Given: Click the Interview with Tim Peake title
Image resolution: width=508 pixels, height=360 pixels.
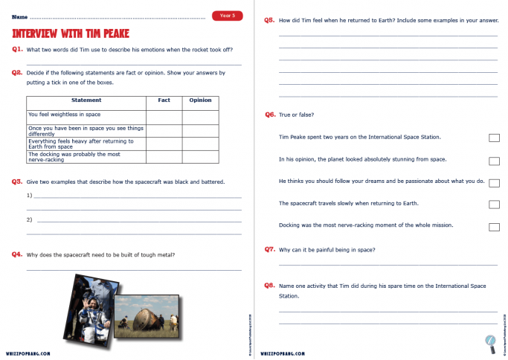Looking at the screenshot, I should (71, 33).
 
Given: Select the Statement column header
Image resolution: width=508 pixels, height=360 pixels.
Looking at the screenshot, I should (86, 100).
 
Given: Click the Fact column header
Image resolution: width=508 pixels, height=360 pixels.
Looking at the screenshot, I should (164, 100).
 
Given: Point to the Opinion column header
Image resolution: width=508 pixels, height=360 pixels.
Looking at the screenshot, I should (200, 100).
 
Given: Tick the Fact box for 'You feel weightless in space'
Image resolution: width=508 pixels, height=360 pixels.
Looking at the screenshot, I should (164, 117).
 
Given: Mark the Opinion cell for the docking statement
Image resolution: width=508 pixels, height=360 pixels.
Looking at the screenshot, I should (200, 157).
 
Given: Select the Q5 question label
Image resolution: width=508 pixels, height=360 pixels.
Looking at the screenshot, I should (269, 20).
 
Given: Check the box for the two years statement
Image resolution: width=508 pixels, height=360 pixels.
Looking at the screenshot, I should (494, 138).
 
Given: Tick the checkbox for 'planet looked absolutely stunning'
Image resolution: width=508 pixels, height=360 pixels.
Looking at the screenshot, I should (494, 160).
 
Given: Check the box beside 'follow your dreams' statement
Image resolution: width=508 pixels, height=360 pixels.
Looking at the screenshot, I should (494, 182).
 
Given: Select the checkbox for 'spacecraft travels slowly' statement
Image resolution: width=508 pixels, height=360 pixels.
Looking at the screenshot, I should (494, 204).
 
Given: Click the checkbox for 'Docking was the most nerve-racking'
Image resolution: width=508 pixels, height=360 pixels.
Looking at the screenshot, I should (494, 226).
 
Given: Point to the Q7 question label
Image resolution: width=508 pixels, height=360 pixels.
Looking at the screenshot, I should (269, 249).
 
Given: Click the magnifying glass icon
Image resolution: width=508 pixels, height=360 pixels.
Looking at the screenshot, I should (490, 341).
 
